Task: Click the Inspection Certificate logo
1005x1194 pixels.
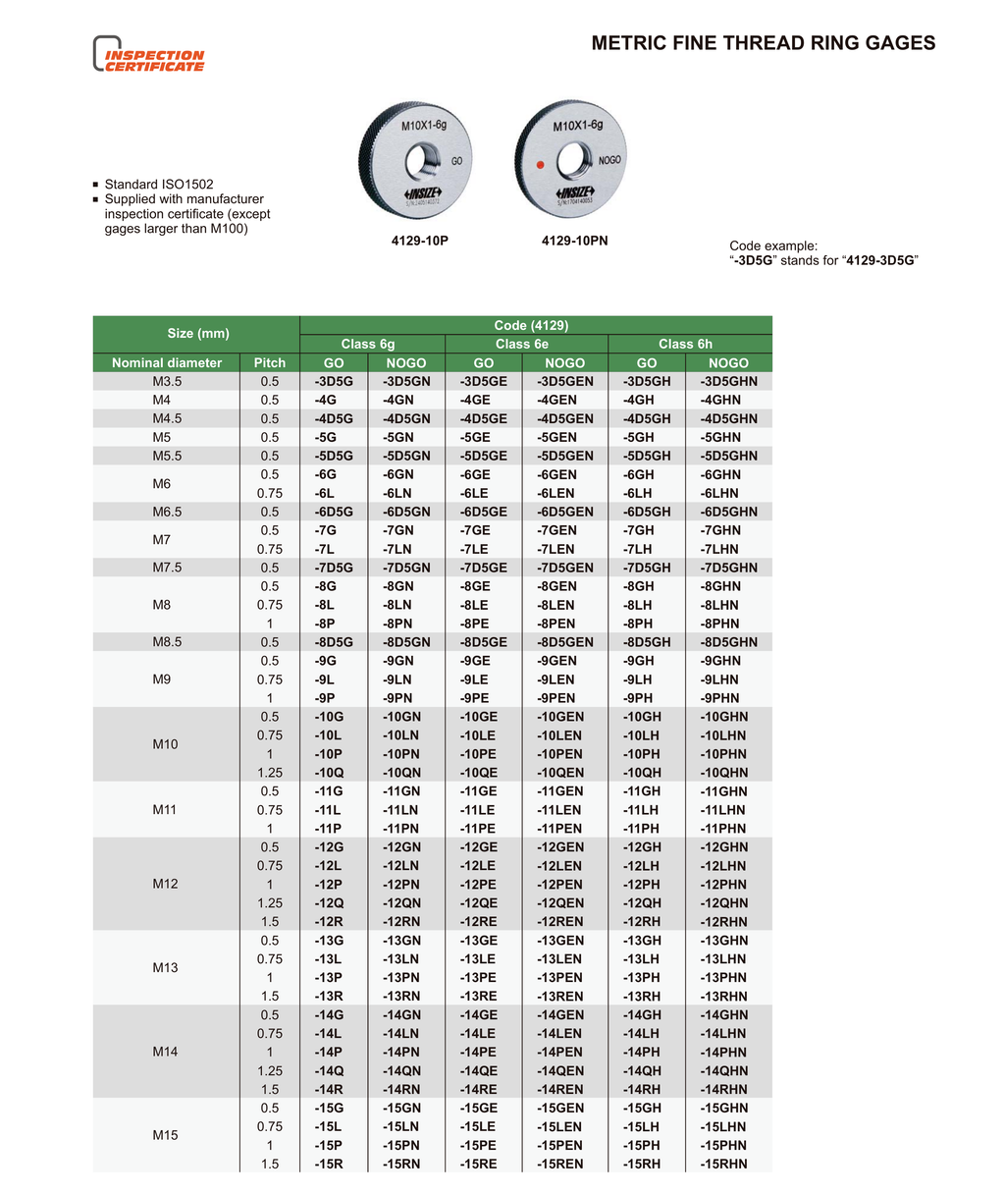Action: (149, 55)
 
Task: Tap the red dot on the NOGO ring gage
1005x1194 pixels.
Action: (539, 166)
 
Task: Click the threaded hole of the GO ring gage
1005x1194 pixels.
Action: (425, 158)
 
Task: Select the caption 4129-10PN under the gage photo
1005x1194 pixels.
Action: (574, 241)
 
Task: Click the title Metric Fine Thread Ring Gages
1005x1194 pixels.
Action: (763, 43)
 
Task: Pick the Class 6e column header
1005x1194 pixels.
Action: (521, 344)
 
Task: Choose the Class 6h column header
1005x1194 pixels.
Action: (685, 344)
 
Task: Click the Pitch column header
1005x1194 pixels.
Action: (269, 362)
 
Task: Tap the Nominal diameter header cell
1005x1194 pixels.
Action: (167, 362)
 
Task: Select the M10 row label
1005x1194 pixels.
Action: (165, 744)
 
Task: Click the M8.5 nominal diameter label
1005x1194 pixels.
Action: (167, 642)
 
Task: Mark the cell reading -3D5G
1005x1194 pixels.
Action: (334, 381)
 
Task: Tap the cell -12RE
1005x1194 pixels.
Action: (478, 921)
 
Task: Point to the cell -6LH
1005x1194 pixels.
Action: (638, 493)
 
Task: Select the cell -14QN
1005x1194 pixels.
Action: (401, 1070)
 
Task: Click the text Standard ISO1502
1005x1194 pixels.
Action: (159, 185)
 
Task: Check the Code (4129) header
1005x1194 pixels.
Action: (531, 325)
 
